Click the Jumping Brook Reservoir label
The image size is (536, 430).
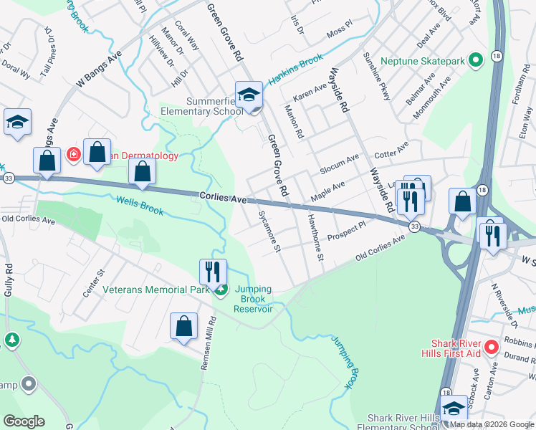[x=254, y=299]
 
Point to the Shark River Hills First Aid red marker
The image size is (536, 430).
[x=491, y=348]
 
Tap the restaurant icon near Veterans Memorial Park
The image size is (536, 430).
[x=213, y=272]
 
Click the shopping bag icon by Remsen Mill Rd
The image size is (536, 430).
[x=183, y=326]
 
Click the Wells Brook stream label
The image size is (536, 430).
[x=139, y=206]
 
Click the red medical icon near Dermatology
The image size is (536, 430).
[x=73, y=154]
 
